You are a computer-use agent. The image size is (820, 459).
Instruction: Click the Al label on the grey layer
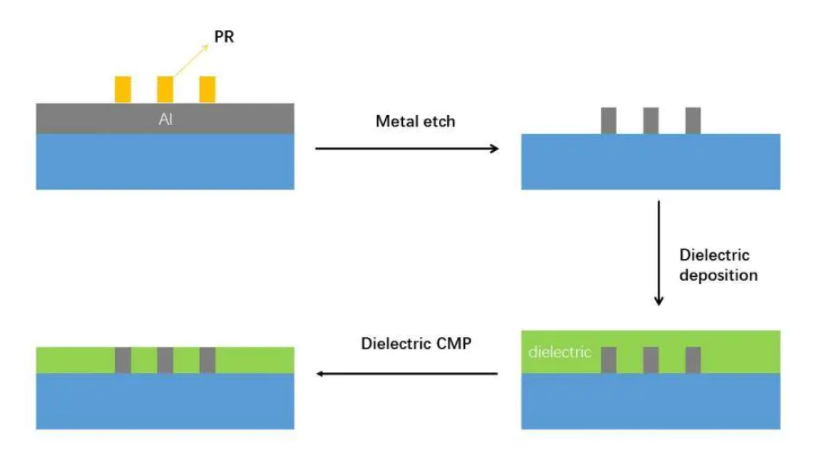pyautogui.click(x=165, y=119)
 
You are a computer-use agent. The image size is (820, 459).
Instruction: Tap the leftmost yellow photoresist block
pyautogui.click(x=122, y=89)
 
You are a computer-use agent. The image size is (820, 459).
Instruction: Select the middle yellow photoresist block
pyautogui.click(x=165, y=89)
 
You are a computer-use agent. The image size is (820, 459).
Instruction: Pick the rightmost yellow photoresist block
pyautogui.click(x=207, y=89)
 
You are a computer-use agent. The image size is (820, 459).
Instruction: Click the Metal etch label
pyautogui.click(x=415, y=122)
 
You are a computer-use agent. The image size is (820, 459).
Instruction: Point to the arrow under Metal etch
pyautogui.click(x=407, y=149)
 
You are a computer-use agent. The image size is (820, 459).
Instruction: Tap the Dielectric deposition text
pyautogui.click(x=717, y=265)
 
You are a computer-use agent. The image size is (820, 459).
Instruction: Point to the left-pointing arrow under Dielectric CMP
pyautogui.click(x=407, y=374)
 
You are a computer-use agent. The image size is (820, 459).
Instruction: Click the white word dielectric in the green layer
pyautogui.click(x=560, y=354)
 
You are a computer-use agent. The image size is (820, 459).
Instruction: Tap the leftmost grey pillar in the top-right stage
pyautogui.click(x=609, y=120)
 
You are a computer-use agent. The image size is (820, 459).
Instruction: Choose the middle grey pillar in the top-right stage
pyautogui.click(x=650, y=120)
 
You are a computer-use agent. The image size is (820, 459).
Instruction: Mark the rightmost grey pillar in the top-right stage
pyautogui.click(x=693, y=120)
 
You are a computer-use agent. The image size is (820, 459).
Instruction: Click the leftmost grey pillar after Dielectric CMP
pyautogui.click(x=122, y=360)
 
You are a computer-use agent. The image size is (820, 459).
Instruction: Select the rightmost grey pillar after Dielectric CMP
pyautogui.click(x=207, y=360)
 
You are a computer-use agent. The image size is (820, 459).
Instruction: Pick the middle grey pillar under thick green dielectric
pyautogui.click(x=650, y=360)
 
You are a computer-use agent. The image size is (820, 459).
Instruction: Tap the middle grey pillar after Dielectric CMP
pyautogui.click(x=165, y=360)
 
